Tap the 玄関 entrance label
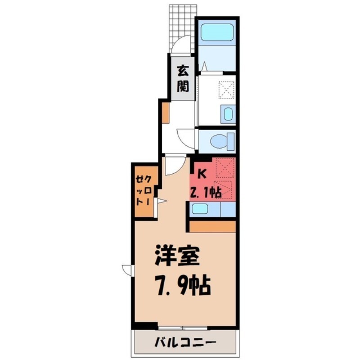182,78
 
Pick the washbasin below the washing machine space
228,114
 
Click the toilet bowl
223,141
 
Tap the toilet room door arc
185,136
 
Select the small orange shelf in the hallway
165,113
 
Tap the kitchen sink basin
200,209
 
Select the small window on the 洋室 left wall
128,270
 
